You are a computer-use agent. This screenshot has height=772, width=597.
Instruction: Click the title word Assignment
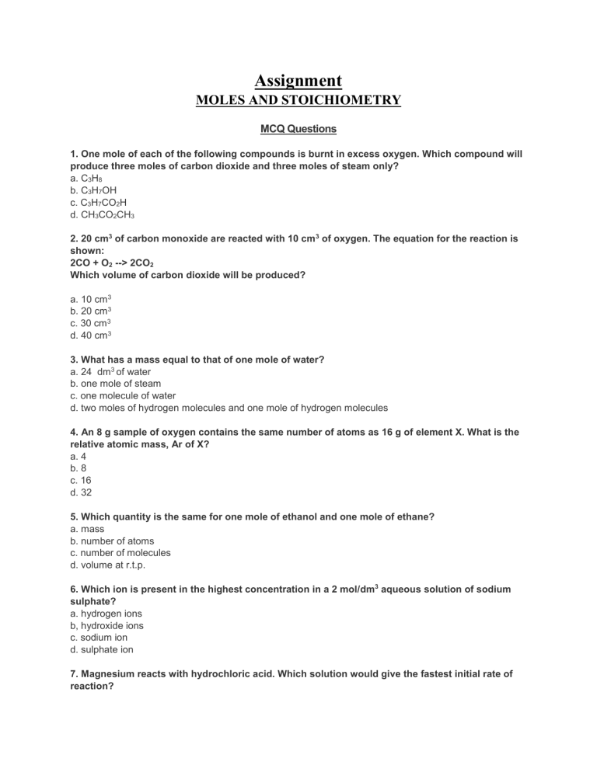[x=298, y=80]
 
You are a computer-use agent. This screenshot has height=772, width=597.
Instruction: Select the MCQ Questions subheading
[x=298, y=129]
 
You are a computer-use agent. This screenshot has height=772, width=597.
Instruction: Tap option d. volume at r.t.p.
[x=109, y=565]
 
